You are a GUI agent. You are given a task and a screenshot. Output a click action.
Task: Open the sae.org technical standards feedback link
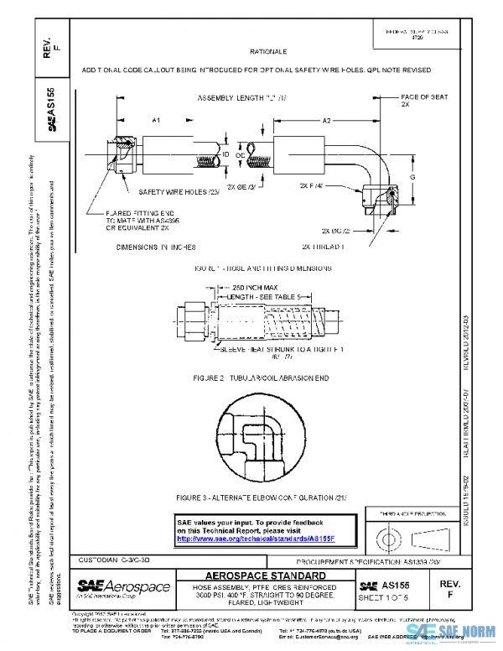click(x=241, y=538)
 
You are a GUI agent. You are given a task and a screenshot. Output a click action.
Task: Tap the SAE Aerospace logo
click(x=124, y=586)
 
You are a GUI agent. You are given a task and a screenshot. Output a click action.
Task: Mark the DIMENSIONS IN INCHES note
click(x=156, y=247)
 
